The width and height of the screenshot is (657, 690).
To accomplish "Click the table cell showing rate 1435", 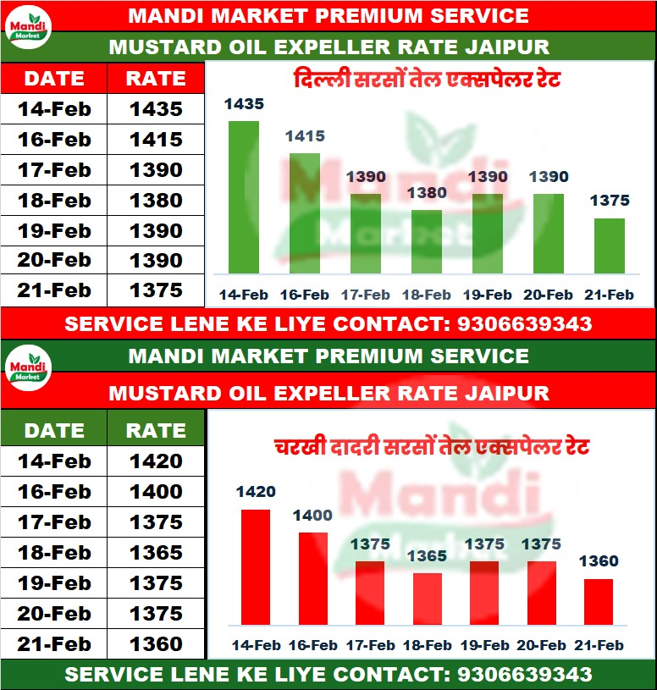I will (x=156, y=108).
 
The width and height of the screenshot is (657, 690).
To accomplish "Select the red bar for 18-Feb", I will (x=428, y=599).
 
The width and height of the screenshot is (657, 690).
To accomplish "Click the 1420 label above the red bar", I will (x=256, y=492).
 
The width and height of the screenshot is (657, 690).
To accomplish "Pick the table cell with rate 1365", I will (x=156, y=553).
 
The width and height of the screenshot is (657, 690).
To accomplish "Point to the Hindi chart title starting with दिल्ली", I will (x=428, y=81).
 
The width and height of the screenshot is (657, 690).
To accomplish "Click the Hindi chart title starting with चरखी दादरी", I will (x=431, y=447).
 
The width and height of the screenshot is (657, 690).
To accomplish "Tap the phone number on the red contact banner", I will (x=524, y=323).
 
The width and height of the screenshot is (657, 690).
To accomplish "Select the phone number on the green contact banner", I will (x=524, y=675).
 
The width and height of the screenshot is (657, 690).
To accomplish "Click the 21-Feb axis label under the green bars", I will (x=610, y=295).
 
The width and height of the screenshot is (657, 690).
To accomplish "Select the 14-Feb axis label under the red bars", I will (x=256, y=645).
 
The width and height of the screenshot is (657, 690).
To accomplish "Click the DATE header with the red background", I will (x=54, y=79).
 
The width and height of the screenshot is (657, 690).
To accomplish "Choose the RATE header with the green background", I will (x=156, y=430).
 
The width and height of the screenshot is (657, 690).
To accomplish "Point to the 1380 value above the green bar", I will (x=427, y=193).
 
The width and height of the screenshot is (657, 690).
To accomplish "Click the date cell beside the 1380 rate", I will (x=54, y=201).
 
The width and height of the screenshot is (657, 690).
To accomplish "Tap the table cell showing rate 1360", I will (x=156, y=644).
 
